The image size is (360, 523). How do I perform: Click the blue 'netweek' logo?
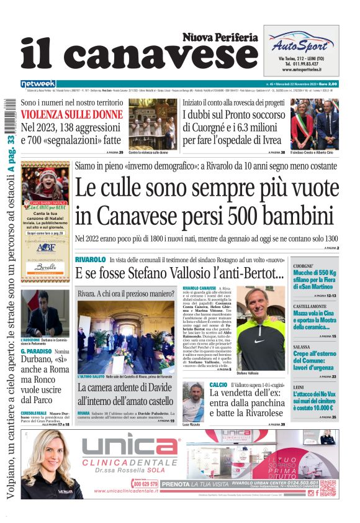click(x=38, y=84)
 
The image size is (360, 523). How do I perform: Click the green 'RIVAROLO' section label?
click(x=90, y=258)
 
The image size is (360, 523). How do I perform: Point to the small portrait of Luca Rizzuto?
click(x=193, y=401)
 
